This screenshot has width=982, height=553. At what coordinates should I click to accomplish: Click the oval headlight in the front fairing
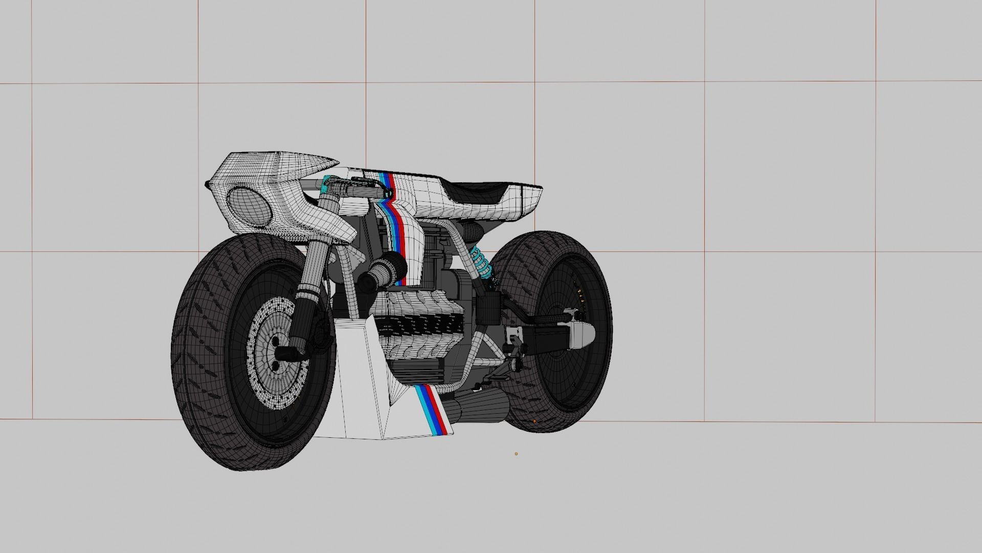pyautogui.click(x=249, y=207)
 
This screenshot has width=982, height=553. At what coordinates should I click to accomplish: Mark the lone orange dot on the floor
pyautogui.click(x=516, y=453)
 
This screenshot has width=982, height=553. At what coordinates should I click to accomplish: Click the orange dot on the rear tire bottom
pyautogui.click(x=534, y=421)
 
